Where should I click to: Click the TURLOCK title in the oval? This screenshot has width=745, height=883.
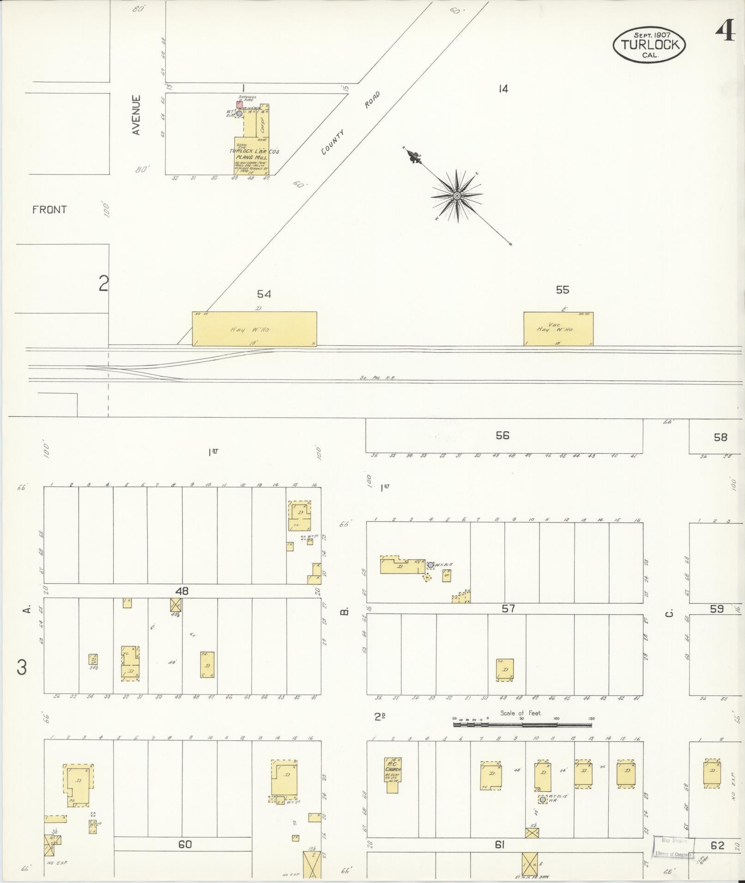650,45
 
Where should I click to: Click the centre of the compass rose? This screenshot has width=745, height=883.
457,196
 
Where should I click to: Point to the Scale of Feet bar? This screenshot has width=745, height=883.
522,725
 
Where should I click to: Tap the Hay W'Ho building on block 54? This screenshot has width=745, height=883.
254,329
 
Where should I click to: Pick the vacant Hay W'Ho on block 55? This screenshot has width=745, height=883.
558,329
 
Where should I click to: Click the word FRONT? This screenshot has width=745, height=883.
49,210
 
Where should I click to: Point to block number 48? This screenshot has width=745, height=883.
182,591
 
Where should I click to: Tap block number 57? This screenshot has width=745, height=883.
508,609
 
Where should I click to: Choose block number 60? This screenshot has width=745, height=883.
185,844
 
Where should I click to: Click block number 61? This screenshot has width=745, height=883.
499,845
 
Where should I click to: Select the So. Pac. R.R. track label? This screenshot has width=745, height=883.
378,378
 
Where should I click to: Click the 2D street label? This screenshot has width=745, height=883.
380,717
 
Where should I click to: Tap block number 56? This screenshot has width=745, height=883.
502,435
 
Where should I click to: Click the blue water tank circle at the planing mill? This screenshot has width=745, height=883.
239,113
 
